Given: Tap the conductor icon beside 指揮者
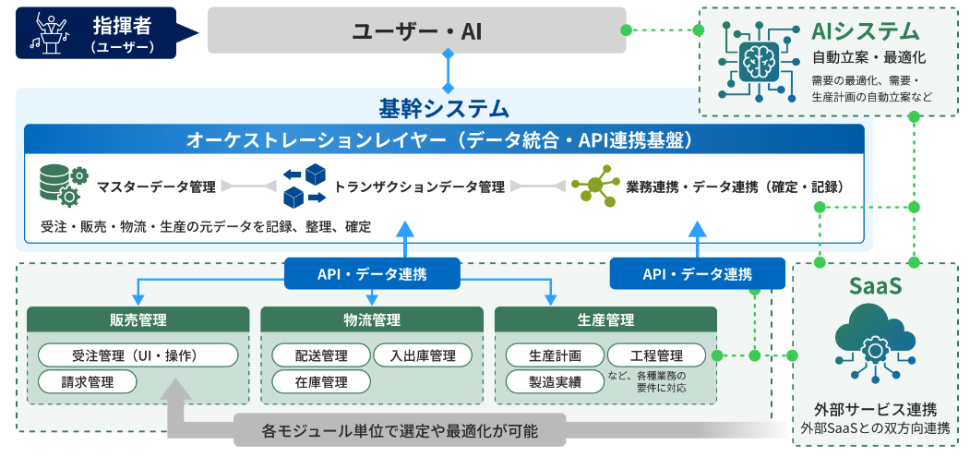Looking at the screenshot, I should pos(47,32).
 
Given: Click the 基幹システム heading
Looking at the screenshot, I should pos(444,108).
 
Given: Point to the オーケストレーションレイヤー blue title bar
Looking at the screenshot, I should pos(444,139).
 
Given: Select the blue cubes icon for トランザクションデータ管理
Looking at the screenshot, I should pos(304,186).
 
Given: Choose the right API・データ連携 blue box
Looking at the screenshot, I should pos(697,273).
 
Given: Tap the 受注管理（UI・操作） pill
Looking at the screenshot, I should pos(138,355).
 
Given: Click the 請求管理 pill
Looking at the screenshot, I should pos(88,381).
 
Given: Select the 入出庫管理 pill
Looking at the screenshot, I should pos(423,355).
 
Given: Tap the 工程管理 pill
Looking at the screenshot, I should pos(656,355).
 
